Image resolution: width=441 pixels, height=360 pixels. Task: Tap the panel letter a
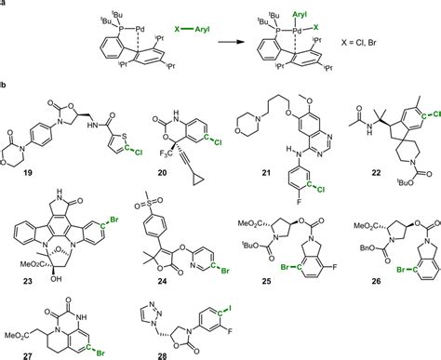(x=5, y=5)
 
